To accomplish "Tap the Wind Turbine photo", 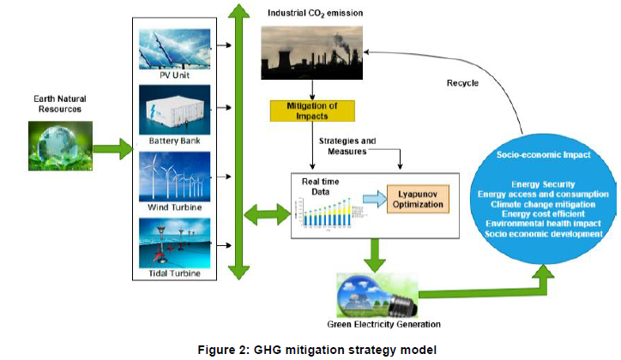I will coord(174,177).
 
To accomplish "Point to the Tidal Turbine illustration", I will coord(174,243).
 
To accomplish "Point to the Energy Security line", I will coord(543,184).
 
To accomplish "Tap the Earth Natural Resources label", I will coord(59,102).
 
